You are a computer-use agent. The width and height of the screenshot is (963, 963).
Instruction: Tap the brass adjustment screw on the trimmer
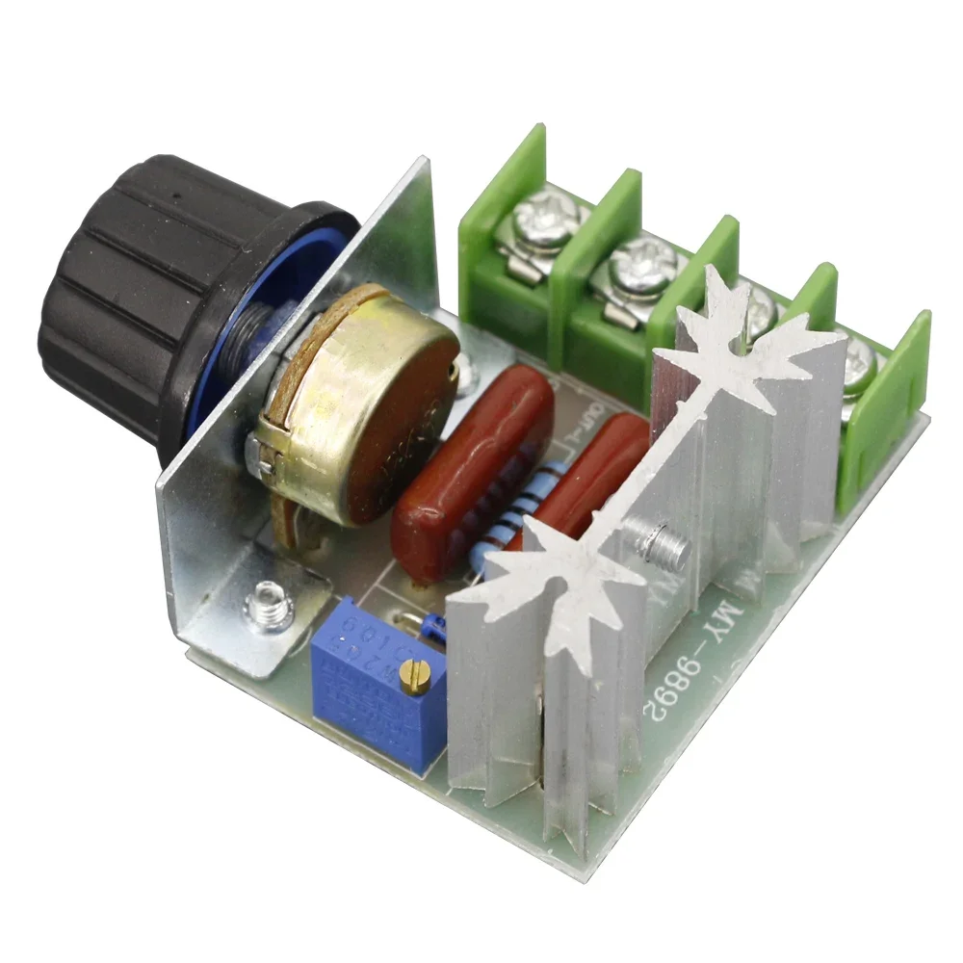[x=417, y=678]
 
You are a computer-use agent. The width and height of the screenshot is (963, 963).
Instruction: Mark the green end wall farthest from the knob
[x=891, y=404]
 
